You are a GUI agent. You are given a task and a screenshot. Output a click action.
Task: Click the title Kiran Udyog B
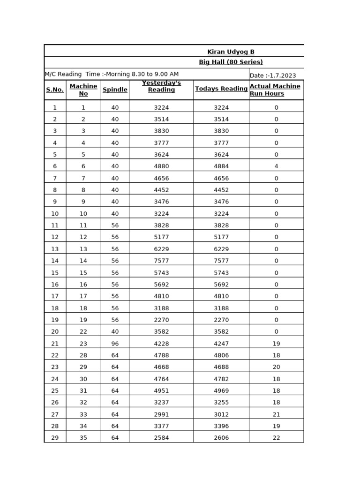pos(231,52)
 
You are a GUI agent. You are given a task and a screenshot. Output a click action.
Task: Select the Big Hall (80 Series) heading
pos(231,62)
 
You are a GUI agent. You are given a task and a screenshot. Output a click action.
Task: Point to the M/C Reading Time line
pos(112,74)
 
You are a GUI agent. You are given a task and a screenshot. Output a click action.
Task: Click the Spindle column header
pos(115,90)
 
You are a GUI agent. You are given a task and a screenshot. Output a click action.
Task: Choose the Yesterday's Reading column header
pos(161,86)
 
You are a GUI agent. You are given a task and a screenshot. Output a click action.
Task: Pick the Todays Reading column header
pos(221,89)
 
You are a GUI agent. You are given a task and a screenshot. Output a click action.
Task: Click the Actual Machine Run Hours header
pos(275,90)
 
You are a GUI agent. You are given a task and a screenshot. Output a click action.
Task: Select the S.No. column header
pos(55,90)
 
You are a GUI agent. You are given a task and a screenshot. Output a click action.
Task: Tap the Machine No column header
pos(83,90)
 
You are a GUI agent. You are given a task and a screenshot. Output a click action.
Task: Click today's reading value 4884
pos(221,166)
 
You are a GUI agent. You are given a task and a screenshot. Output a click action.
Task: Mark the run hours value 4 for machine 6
pos(276,166)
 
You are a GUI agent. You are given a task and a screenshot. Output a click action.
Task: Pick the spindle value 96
pos(115,344)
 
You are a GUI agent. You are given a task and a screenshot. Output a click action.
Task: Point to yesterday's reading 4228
pos(161,344)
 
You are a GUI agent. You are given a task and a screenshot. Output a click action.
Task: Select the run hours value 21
pos(276,414)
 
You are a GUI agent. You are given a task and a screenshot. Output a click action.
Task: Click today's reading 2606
pos(221,438)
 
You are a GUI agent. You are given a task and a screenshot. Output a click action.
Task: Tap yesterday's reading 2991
pos(161,414)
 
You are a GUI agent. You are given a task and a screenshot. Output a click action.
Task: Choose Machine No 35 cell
pos(83,438)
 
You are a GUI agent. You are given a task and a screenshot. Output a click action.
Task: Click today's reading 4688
pos(221,367)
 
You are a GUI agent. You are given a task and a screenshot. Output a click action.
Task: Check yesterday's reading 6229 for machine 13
pos(161,249)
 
